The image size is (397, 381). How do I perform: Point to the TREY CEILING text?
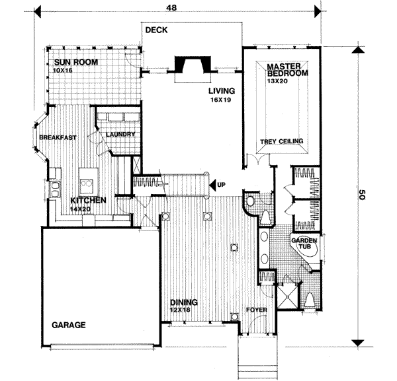281,141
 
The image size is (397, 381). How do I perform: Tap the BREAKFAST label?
58,137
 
